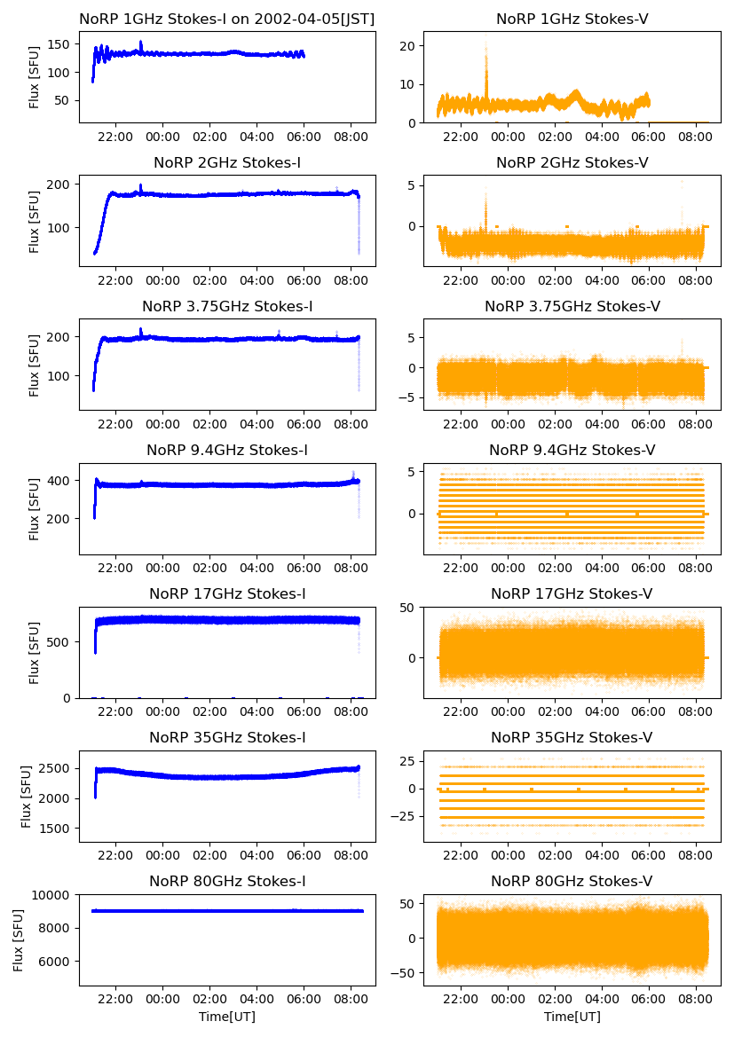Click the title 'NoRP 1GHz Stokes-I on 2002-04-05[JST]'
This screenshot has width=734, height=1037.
click(x=226, y=19)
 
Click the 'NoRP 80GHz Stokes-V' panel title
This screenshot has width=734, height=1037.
click(x=572, y=881)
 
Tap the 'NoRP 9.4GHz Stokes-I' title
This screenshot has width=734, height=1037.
click(x=226, y=450)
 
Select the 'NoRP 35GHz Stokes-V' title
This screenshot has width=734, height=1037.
click(x=572, y=737)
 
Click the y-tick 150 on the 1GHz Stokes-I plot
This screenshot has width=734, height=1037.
click(x=62, y=44)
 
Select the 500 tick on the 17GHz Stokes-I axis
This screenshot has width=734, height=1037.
click(x=62, y=641)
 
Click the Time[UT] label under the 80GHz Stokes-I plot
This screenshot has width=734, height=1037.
click(x=226, y=1017)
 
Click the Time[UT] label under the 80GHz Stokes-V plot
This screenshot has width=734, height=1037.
click(x=572, y=1017)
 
